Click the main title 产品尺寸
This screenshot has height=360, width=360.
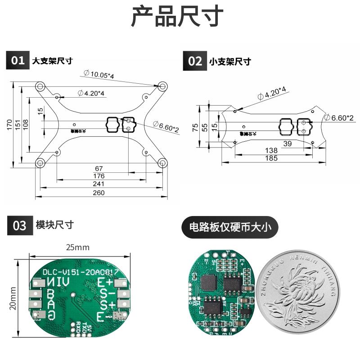click(x=177, y=17)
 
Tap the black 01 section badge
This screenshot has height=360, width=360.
click(x=18, y=61)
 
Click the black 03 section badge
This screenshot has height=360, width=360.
click(x=19, y=225)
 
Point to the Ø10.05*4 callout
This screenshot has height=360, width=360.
click(x=99, y=75)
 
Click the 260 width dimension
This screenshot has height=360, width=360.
click(x=99, y=193)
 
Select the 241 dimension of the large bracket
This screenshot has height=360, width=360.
click(x=99, y=184)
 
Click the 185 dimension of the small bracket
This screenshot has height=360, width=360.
click(x=271, y=158)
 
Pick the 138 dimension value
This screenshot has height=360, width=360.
click(x=271, y=150)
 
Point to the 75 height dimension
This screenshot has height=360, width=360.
click(x=195, y=127)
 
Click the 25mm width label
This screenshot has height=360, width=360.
click(x=77, y=247)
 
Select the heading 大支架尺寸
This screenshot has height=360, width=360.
click(x=52, y=61)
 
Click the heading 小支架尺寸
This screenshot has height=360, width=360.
click(x=230, y=62)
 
